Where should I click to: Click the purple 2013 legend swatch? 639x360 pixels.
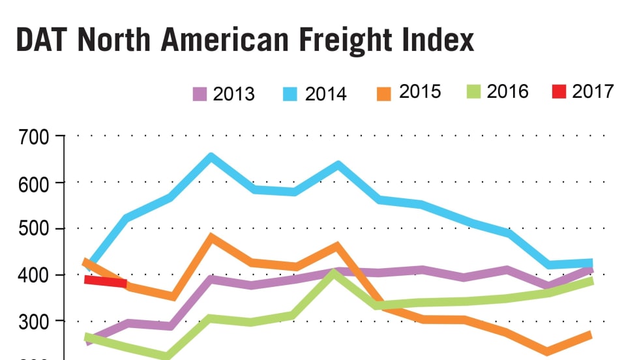(200, 94)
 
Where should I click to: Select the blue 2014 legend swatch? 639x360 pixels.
(291, 94)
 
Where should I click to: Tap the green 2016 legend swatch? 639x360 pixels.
(473, 92)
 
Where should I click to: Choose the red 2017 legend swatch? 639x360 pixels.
(558, 92)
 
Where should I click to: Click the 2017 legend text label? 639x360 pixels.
(593, 92)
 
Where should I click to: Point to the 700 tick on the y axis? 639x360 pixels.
(35, 138)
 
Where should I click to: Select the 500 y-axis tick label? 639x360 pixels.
(35, 229)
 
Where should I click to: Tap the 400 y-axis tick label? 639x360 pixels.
(35, 275)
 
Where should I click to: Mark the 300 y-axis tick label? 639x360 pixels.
(35, 321)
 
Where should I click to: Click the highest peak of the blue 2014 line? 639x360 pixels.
(211, 157)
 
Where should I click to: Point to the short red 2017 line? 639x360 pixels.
(106, 281)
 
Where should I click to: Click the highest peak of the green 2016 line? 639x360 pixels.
(334, 273)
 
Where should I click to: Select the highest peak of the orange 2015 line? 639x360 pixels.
(211, 237)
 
